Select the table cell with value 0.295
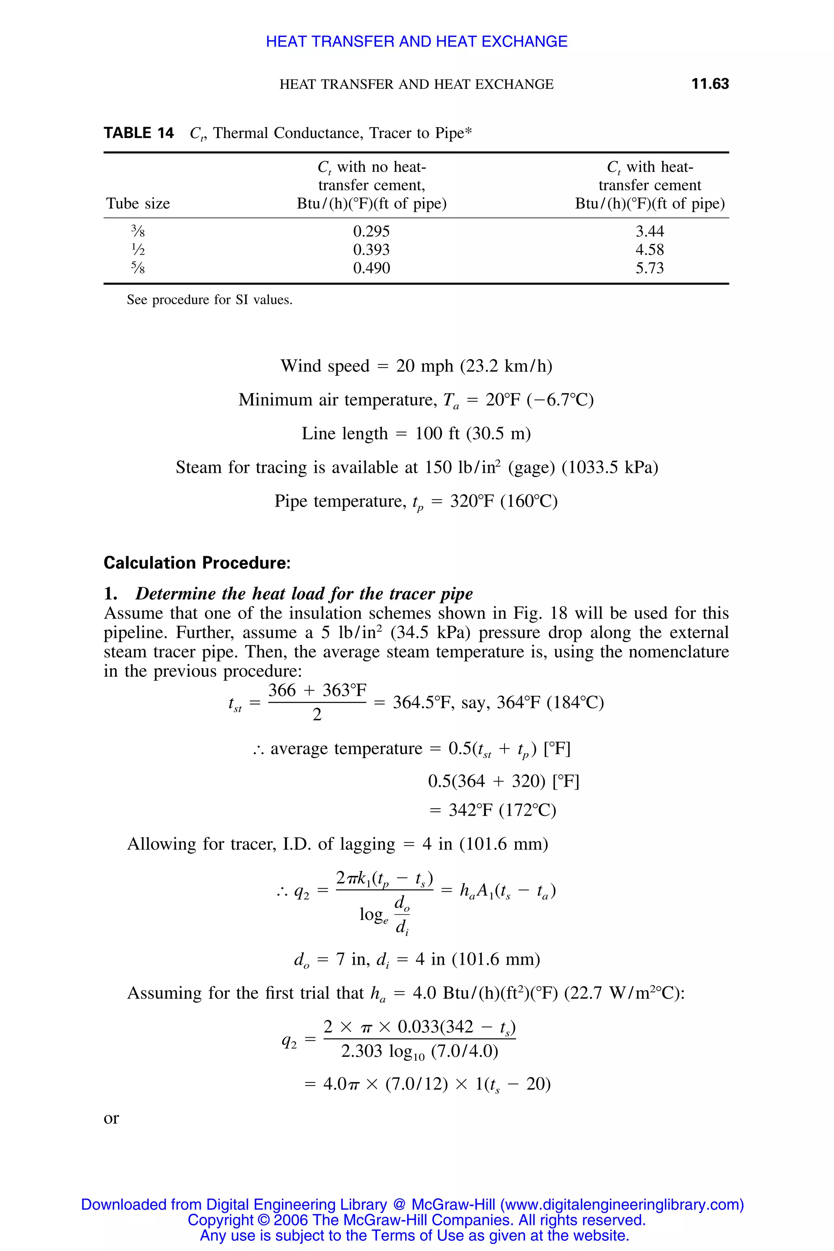(x=371, y=231)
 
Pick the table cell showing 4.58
(x=650, y=250)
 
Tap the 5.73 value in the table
(x=650, y=268)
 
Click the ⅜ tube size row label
(x=138, y=231)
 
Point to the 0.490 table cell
(x=371, y=268)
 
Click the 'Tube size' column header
(x=138, y=203)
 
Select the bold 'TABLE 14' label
(x=139, y=133)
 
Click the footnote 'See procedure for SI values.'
(x=209, y=300)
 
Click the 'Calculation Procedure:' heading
(x=197, y=563)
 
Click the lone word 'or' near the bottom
(x=111, y=1118)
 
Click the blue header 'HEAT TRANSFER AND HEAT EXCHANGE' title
(x=417, y=42)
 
